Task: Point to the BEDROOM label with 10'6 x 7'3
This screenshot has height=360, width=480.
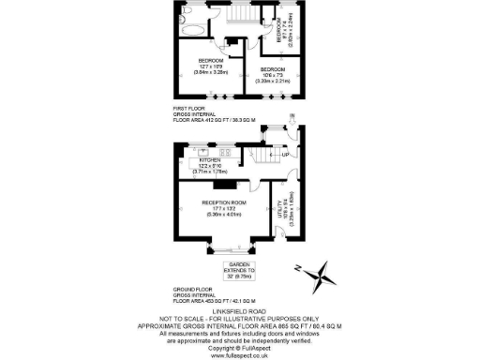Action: tap(273, 69)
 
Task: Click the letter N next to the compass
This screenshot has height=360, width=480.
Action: tap(298, 268)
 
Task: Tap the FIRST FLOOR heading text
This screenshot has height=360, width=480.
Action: tap(188, 110)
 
